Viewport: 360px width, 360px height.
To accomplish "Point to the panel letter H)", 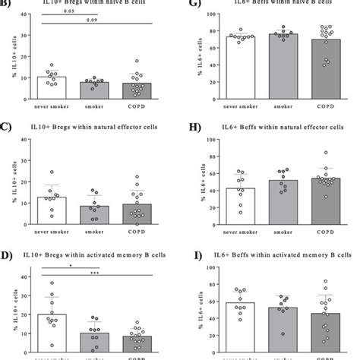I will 191,125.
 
